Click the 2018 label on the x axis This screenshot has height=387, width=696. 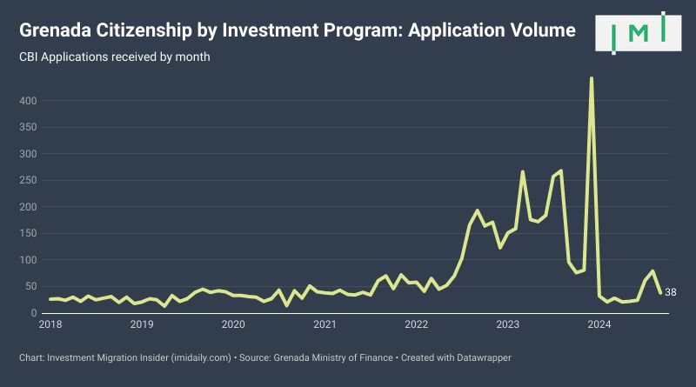[50, 324]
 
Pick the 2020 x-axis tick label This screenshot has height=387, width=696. [233, 324]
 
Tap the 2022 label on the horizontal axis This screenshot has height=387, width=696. [417, 324]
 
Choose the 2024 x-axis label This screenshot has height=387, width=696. [599, 324]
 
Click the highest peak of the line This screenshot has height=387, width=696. [592, 78]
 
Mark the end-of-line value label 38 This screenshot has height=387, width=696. [671, 292]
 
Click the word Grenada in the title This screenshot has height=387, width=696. [54, 30]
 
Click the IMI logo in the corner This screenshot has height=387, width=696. [639, 33]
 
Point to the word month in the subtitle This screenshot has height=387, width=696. [193, 57]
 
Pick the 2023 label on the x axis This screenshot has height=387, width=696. [507, 324]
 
